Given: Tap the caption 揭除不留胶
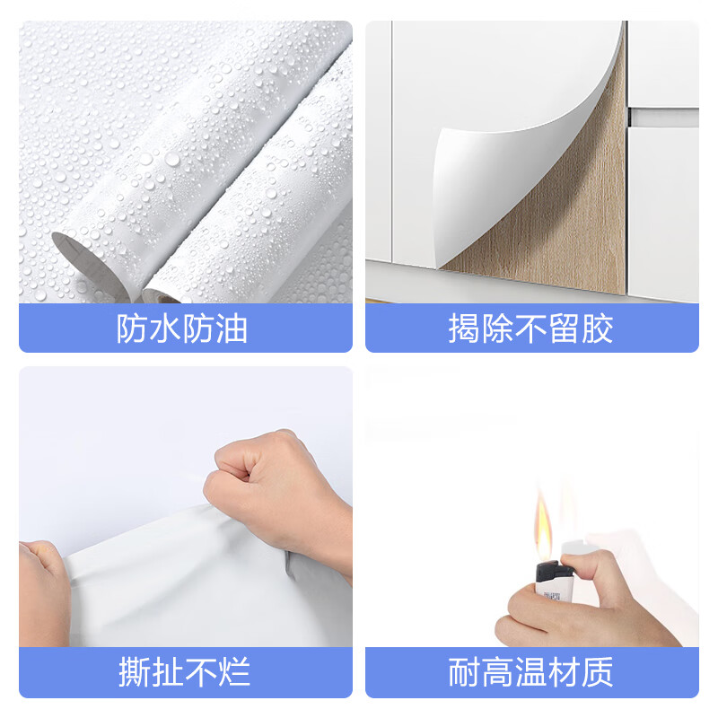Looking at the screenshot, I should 531,329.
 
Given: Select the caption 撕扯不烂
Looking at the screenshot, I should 185,672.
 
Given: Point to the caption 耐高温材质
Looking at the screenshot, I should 531,672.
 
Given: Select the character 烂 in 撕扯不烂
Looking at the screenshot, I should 234,672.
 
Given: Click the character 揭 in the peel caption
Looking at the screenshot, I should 465,329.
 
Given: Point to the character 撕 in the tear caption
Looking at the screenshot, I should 136,672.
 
